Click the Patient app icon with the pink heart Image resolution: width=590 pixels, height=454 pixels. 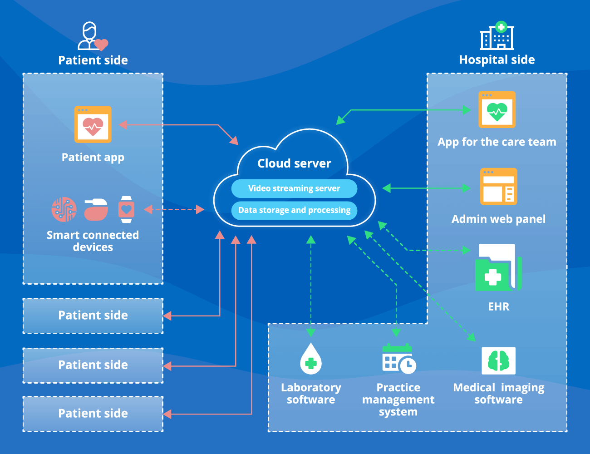[x=93, y=124]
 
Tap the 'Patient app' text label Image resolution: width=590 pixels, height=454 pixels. [x=93, y=158]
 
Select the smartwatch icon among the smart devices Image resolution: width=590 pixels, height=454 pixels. [x=126, y=209]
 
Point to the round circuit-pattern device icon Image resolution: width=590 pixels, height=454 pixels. [x=64, y=209]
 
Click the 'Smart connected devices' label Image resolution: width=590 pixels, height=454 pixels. [x=93, y=241]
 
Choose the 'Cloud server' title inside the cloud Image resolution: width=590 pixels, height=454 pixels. [x=294, y=163]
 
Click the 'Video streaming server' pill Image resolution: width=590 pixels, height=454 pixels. [x=294, y=188]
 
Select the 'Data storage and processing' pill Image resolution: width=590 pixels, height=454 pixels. [x=294, y=210]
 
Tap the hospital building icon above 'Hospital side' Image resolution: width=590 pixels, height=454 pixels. [x=497, y=36]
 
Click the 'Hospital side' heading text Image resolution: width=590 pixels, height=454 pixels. [x=497, y=60]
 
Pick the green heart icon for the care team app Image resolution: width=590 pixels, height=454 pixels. [x=497, y=110]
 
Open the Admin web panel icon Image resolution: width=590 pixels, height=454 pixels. [x=498, y=187]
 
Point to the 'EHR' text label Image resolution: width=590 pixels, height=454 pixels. [x=498, y=307]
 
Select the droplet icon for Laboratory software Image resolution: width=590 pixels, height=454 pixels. [x=311, y=359]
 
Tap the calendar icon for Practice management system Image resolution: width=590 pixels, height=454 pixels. [x=398, y=359]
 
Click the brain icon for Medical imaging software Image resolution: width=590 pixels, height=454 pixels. [x=498, y=361]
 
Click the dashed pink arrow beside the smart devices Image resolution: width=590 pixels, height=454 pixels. [x=174, y=209]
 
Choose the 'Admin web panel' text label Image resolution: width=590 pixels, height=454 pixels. [x=498, y=219]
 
